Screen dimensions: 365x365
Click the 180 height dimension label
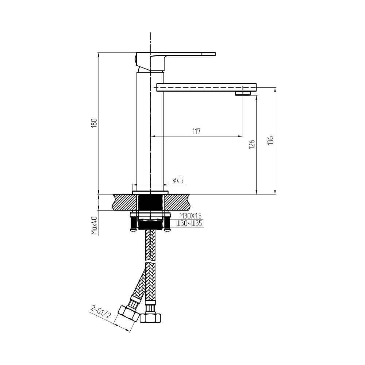point(94,123)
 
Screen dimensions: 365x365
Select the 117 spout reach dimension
point(196,131)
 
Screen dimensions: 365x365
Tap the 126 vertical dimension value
point(252,144)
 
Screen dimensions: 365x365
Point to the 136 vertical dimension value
point(270,141)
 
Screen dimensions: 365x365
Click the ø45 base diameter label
point(178,180)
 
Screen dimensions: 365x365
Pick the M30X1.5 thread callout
point(190,216)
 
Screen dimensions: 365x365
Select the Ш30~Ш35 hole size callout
point(189,223)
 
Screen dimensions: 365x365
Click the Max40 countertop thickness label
point(94,225)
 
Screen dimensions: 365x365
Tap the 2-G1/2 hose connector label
point(100,313)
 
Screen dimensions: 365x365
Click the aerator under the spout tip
point(243,93)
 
